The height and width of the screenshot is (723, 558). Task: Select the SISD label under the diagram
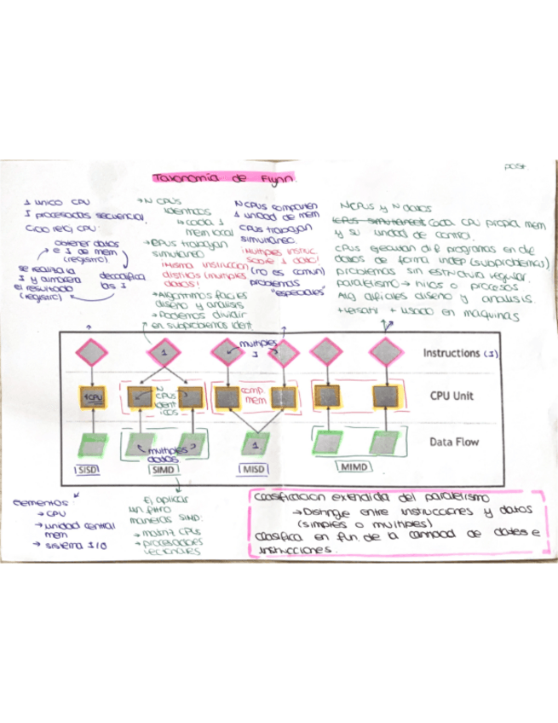[x=88, y=470]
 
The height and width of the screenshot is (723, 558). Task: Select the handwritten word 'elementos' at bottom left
[x=40, y=503]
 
